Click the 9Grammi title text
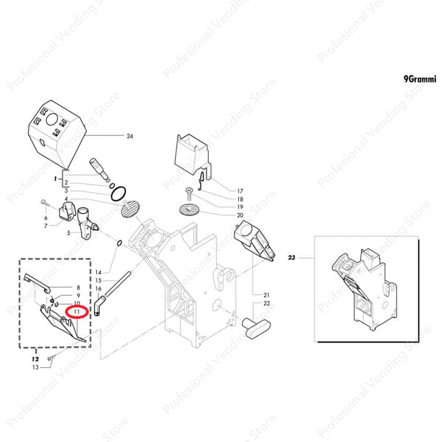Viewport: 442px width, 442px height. click(x=420, y=79)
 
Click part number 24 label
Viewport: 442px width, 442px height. click(x=130, y=136)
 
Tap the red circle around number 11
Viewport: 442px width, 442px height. click(x=77, y=312)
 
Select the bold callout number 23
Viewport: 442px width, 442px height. click(x=291, y=257)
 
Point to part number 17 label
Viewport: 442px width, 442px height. click(x=240, y=191)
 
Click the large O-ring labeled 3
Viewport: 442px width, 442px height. click(x=118, y=194)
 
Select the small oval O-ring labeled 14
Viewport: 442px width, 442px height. click(x=119, y=243)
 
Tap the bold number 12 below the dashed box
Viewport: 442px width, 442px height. click(x=35, y=359)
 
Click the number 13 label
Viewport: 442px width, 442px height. click(x=35, y=367)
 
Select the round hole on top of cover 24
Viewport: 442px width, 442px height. click(x=52, y=120)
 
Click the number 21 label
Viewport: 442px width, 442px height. click(x=266, y=295)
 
